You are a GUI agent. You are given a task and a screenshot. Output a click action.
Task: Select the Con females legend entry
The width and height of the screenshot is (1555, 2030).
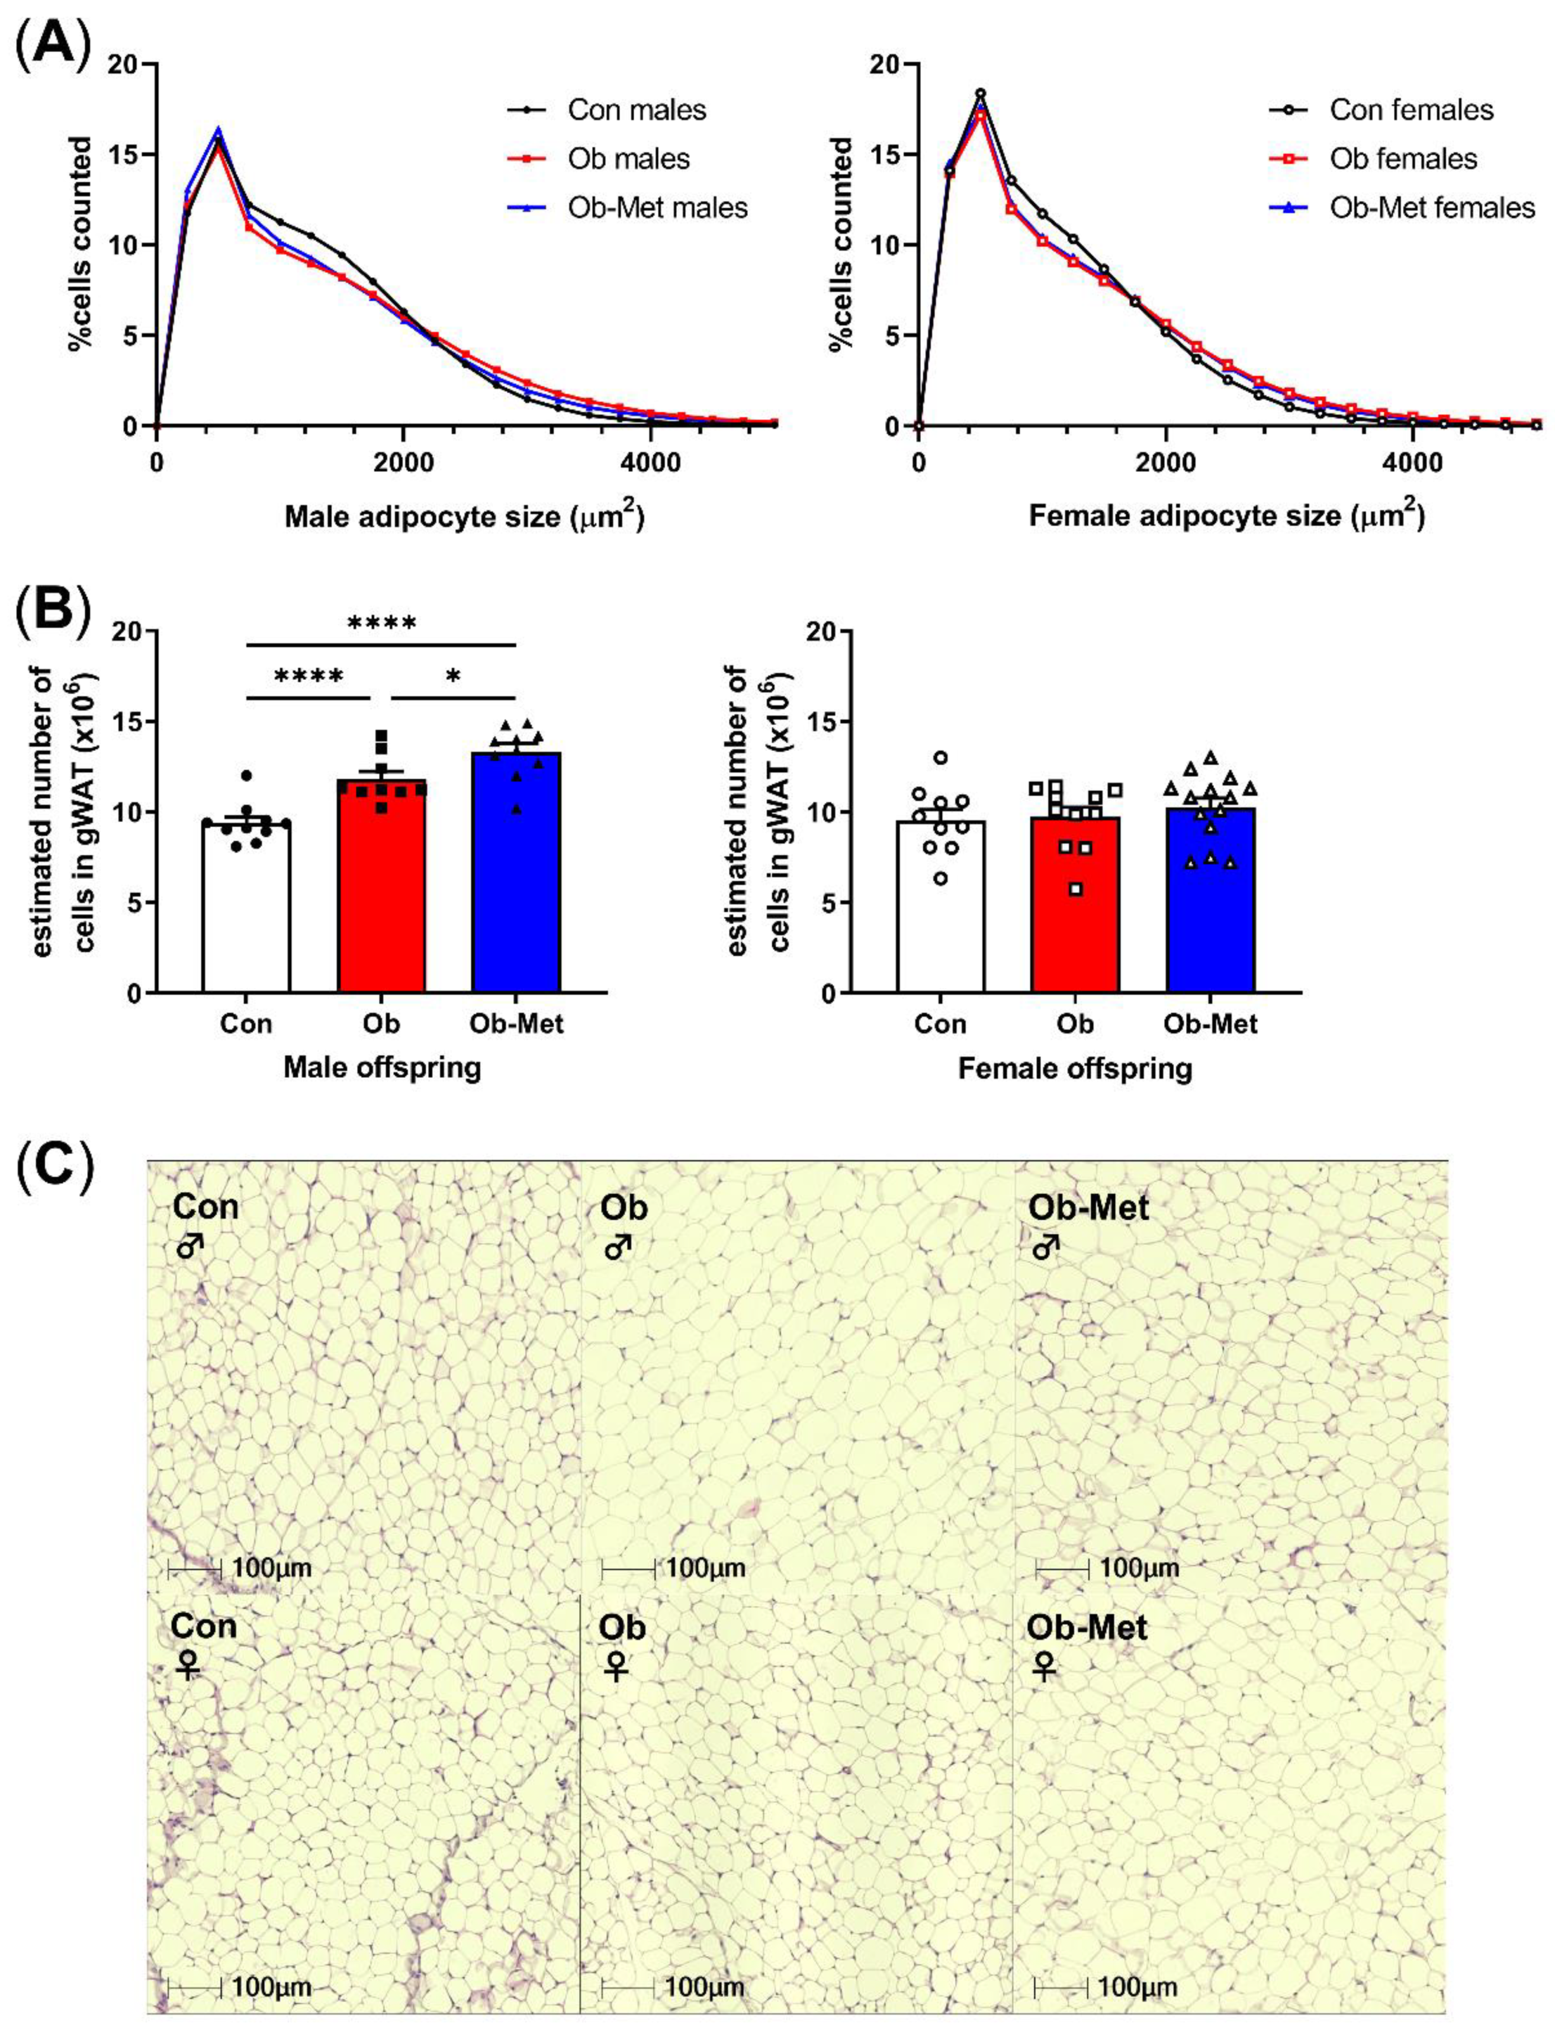(1411, 110)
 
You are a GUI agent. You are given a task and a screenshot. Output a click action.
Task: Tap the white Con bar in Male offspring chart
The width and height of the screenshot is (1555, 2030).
(246, 907)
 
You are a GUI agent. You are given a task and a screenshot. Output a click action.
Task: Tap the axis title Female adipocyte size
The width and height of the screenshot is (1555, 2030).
(1226, 516)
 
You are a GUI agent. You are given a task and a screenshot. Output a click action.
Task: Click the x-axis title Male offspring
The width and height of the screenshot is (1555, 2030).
(381, 1067)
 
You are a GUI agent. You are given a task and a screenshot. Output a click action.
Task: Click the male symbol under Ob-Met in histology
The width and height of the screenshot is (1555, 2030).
(1045, 1249)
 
